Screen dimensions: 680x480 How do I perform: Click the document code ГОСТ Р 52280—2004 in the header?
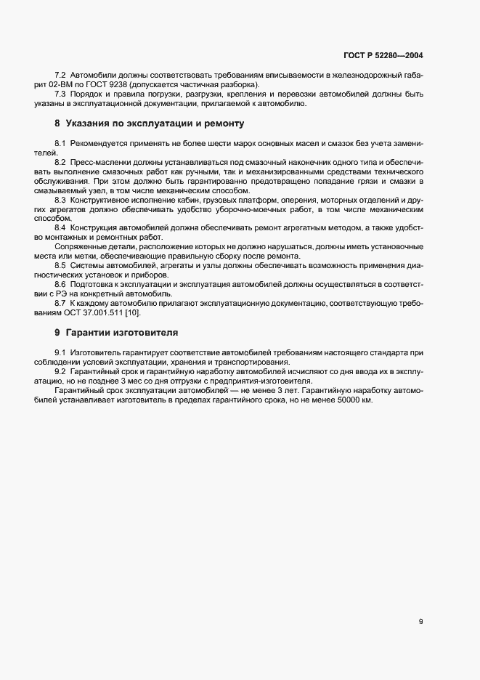383,55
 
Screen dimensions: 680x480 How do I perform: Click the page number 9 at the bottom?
421,621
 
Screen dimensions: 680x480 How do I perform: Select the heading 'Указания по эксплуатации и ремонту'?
155,124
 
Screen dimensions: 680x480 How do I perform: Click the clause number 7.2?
60,76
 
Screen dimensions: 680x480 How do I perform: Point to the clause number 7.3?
60,94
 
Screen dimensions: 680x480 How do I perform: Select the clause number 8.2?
60,161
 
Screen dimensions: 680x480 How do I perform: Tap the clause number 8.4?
60,228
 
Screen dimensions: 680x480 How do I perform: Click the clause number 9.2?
60,371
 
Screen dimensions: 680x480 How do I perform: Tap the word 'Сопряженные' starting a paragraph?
78,246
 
